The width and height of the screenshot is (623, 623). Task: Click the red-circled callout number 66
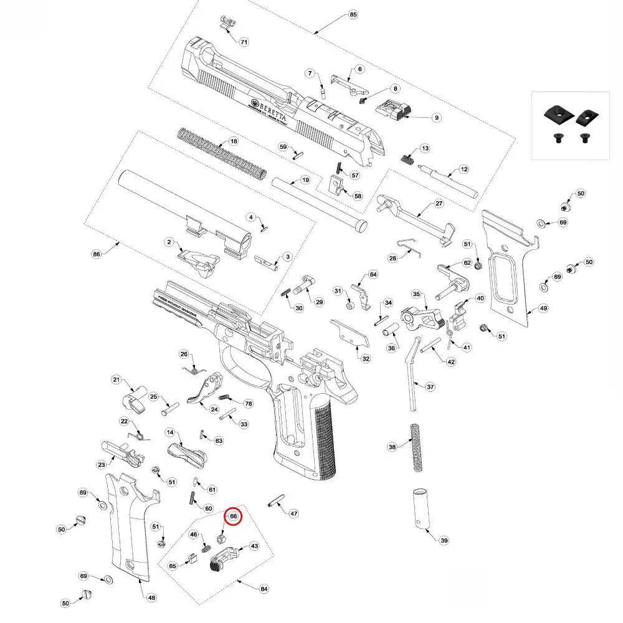coord(232,516)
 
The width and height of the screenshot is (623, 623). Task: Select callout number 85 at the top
coord(353,14)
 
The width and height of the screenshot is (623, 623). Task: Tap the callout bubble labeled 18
coord(234,142)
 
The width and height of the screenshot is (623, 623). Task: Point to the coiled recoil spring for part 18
coord(221,153)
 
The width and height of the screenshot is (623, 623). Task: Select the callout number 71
coord(244,42)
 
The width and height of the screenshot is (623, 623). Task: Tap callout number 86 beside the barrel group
coord(96,254)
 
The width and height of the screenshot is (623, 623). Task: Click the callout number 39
coord(444,540)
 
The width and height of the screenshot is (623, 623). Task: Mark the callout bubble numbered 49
coord(543,308)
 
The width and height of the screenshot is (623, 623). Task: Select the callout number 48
coord(151,597)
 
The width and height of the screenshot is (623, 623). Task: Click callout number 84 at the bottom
coord(264,589)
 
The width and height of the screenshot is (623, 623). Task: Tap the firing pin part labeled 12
coord(445,178)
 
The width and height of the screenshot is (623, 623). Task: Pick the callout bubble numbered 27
coord(439,204)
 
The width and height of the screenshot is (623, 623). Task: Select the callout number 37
coord(430,387)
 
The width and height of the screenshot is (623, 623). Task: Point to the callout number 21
coord(116,380)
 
